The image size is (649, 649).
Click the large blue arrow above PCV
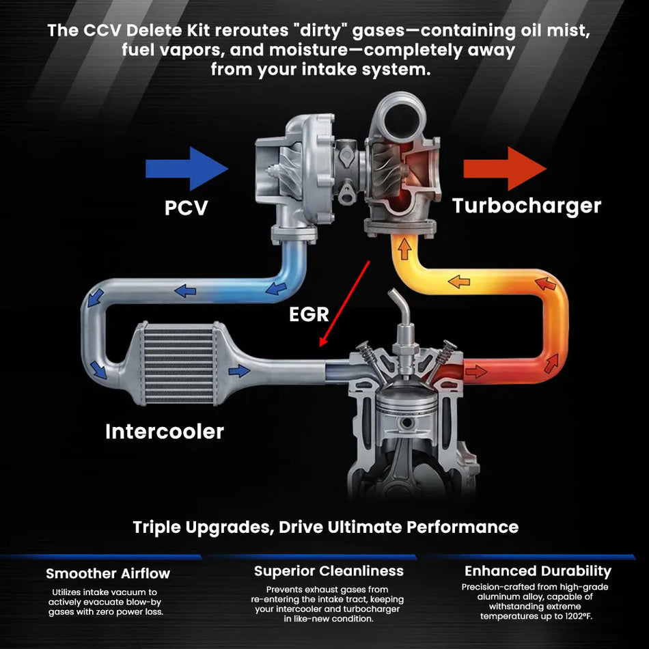pyautogui.click(x=187, y=168)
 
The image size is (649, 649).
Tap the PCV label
pyautogui.click(x=186, y=207)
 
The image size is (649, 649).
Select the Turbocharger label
pyautogui.click(x=527, y=206)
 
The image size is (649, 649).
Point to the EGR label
pyautogui.click(x=309, y=314)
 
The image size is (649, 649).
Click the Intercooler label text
pyautogui.click(x=164, y=431)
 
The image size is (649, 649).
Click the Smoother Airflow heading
pyautogui.click(x=108, y=573)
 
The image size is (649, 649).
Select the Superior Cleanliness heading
pyautogui.click(x=329, y=570)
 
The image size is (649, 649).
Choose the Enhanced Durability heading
pyautogui.click(x=538, y=570)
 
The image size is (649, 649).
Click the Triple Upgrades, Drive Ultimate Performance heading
pyautogui.click(x=325, y=527)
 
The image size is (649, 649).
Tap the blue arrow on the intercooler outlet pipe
pyautogui.click(x=239, y=371)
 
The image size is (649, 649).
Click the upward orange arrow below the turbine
pyautogui.click(x=404, y=251)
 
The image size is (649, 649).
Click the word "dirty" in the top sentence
pyautogui.click(x=314, y=31)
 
